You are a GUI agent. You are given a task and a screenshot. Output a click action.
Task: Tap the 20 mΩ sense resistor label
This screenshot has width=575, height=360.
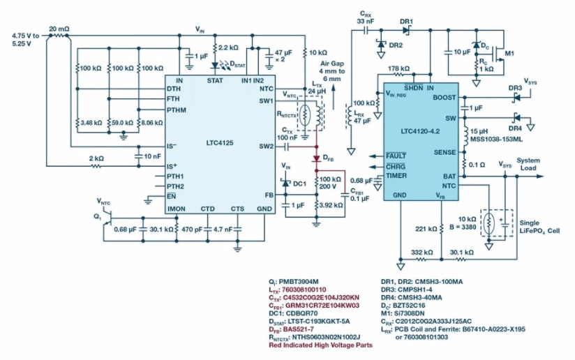pyautogui.click(x=59, y=29)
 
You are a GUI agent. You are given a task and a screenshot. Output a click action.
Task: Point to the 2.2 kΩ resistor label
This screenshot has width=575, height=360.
pyautogui.click(x=229, y=48)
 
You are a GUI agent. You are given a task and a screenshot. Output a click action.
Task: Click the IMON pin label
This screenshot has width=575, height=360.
pyautogui.click(x=177, y=208)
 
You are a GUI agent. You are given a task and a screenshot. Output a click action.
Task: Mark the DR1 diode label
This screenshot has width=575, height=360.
pyautogui.click(x=405, y=21)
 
